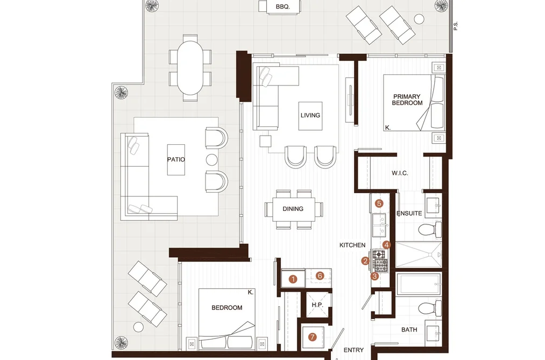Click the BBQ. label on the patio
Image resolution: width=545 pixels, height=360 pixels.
[282, 6]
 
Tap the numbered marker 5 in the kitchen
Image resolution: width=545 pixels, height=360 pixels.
[379, 203]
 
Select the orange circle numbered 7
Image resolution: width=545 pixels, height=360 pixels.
[313, 337]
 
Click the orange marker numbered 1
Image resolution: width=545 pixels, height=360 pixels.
[293, 279]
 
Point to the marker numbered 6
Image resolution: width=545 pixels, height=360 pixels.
[320, 276]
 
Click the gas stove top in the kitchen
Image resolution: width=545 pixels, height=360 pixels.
[380, 260]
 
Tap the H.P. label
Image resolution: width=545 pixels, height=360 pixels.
[317, 305]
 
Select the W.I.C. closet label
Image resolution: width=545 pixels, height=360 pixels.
[400, 173]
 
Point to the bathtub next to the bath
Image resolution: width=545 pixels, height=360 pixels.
[419, 284]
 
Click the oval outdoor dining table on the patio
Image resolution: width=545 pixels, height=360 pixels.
[190, 68]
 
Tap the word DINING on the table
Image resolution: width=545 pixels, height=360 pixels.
[293, 208]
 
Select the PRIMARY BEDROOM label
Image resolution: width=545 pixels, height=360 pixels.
[407, 100]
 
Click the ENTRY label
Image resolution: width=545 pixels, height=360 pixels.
[353, 350]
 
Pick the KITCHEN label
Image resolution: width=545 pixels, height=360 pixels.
[352, 245]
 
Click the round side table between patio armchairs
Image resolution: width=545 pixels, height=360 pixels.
[211, 160]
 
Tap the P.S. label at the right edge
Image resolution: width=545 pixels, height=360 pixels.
[456, 26]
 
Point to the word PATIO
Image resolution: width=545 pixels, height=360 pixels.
[176, 159]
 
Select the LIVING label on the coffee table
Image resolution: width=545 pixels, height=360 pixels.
[310, 115]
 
